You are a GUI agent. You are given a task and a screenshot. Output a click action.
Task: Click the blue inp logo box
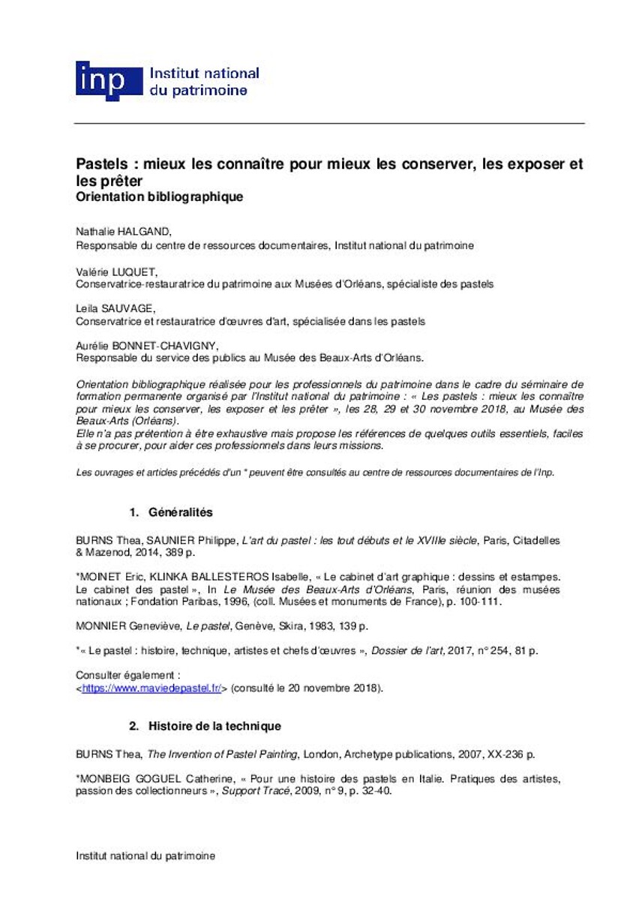click(108, 80)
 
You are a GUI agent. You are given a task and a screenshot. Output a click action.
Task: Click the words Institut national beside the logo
click(205, 73)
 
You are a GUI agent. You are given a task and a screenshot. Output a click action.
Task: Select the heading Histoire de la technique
click(214, 726)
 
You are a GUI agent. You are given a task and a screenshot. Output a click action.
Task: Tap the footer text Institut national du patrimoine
click(145, 856)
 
